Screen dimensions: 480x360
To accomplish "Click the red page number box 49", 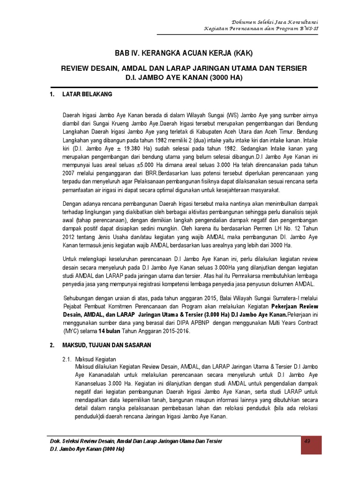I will pos(308,445).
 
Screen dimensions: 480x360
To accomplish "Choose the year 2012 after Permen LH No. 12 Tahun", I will pos(69,237).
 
